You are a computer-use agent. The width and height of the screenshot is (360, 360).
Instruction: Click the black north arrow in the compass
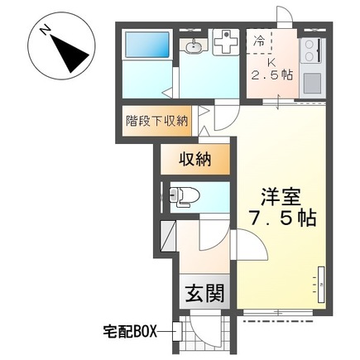click(69, 54)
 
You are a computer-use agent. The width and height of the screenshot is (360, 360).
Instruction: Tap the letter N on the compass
click(45, 30)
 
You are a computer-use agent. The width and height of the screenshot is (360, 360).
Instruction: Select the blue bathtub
click(147, 44)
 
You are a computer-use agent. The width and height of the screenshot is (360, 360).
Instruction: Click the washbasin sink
click(193, 47)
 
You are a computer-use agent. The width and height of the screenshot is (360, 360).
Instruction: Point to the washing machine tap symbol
click(226, 42)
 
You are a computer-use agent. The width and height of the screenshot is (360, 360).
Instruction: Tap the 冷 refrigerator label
click(259, 41)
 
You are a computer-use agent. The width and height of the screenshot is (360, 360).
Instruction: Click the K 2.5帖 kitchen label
click(271, 69)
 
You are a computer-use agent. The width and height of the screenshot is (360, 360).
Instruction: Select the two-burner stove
click(311, 50)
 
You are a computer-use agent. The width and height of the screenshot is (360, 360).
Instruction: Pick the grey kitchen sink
click(312, 83)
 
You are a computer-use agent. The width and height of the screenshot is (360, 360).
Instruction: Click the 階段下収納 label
click(156, 121)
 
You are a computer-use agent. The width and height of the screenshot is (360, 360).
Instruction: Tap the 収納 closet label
click(195, 160)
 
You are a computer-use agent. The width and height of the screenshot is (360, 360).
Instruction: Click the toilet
click(184, 197)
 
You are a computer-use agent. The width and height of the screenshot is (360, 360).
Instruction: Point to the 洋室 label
click(281, 196)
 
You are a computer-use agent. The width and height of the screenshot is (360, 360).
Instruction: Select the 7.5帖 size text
click(282, 218)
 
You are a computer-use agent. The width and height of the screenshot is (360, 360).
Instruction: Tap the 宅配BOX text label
click(130, 331)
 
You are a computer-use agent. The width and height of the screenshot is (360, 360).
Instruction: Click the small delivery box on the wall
click(176, 331)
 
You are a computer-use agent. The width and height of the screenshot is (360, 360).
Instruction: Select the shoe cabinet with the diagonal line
click(168, 236)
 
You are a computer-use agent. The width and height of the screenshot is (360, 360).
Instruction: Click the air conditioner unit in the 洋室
click(321, 284)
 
